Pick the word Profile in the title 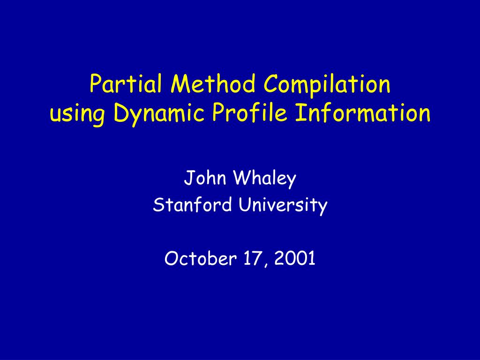(x=250, y=112)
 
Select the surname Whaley (x=265, y=179)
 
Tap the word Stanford (x=192, y=204)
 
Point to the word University (x=283, y=205)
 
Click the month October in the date (x=201, y=258)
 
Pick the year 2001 (x=295, y=258)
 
